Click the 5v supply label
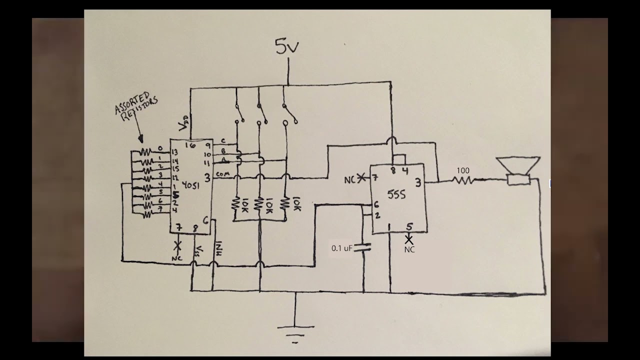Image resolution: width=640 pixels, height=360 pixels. click(287, 46)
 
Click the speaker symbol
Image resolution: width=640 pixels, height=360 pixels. click(518, 170)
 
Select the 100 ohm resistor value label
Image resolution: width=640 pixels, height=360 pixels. click(463, 170)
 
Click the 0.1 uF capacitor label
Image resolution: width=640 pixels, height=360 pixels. click(342, 248)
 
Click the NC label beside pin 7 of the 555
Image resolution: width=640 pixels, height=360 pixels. click(350, 179)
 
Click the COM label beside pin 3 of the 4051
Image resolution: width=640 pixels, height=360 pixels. click(223, 174)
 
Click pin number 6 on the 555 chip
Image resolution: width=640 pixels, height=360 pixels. click(375, 204)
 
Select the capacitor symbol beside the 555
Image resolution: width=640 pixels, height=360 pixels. click(363, 246)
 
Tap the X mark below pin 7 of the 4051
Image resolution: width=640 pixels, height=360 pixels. click(177, 245)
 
